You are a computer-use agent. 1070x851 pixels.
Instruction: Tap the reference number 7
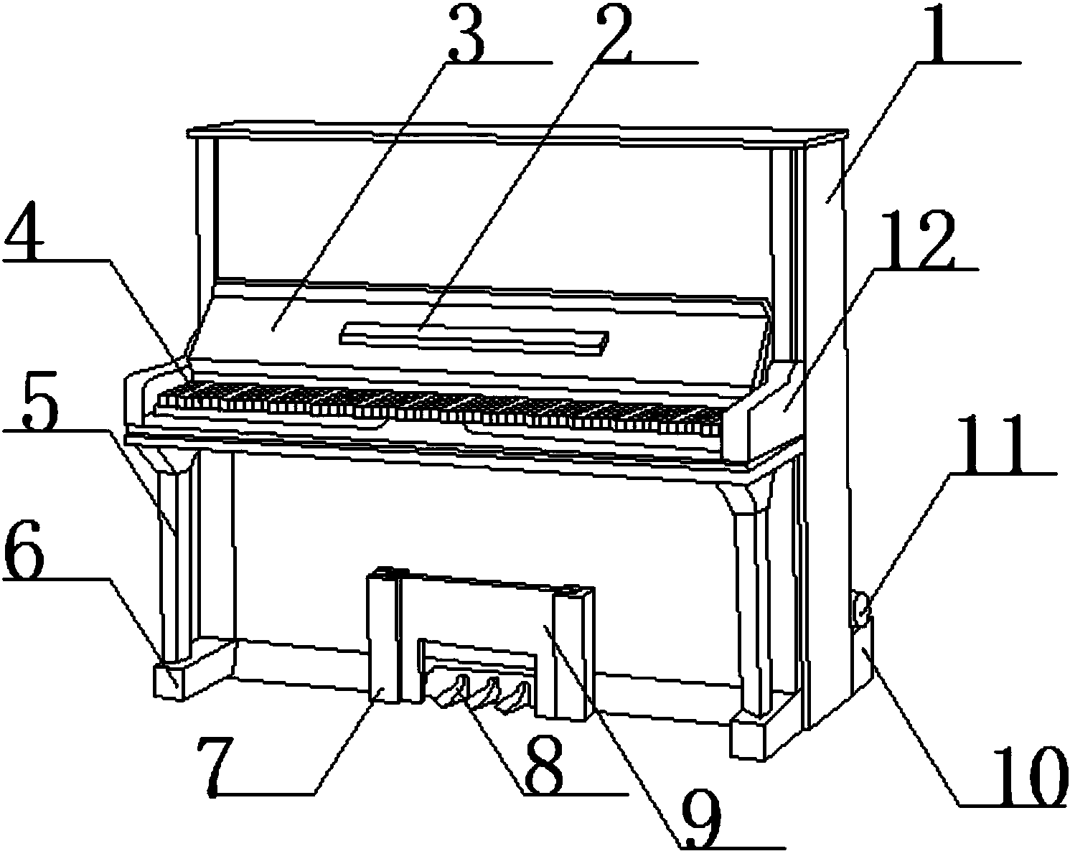217,766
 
